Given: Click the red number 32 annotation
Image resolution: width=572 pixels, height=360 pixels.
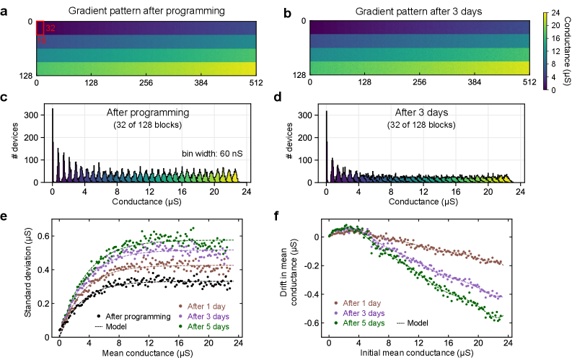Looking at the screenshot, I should point(50,28).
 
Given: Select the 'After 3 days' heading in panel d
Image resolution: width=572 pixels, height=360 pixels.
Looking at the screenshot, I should point(416,113).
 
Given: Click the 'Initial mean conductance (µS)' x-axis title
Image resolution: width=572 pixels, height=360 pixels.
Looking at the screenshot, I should point(418,352).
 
